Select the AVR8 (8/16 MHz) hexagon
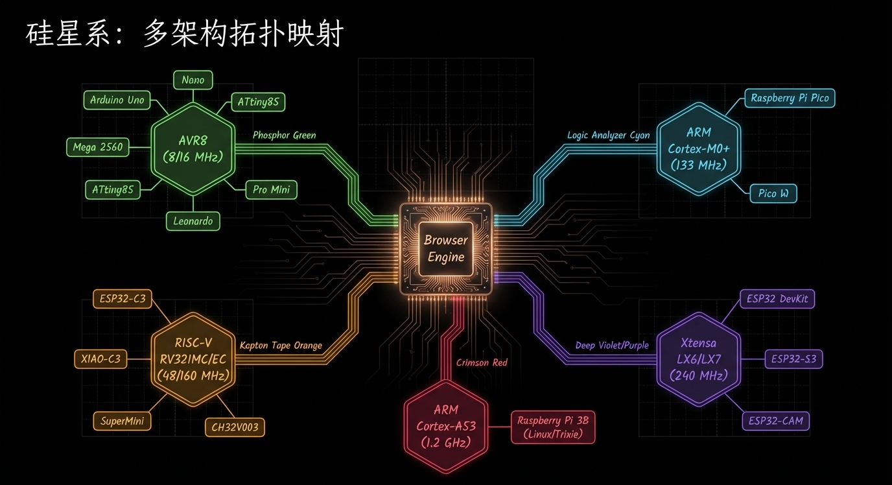point(193,148)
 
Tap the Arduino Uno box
point(117,100)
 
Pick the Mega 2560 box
point(97,147)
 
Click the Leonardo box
point(193,221)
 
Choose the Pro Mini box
point(271,190)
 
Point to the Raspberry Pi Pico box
point(790,98)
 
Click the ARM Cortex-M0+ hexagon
point(698,148)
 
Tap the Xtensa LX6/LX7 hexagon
point(698,359)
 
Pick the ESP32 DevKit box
point(777,299)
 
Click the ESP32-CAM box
point(775,421)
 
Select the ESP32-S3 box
point(793,359)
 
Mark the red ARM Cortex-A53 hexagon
point(445,426)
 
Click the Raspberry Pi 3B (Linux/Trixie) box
point(552,427)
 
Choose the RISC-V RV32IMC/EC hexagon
point(193,359)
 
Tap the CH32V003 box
point(235,427)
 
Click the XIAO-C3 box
point(100,359)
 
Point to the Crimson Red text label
point(482,362)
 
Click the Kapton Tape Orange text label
point(281,346)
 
